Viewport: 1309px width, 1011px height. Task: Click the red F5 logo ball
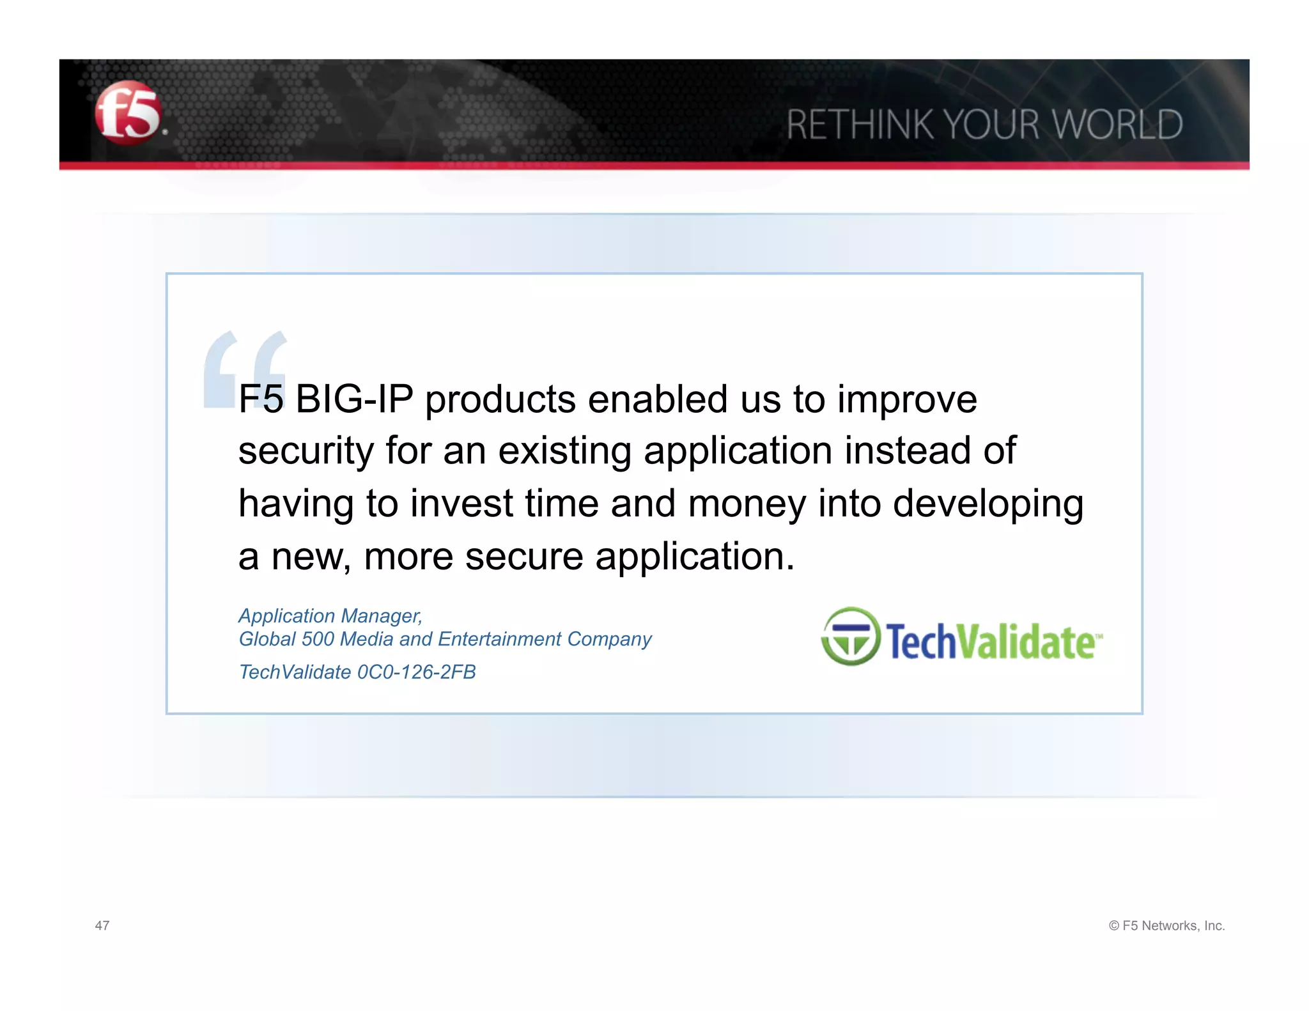128,113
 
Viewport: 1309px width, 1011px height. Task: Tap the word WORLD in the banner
1117,125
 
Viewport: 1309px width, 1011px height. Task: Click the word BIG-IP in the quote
354,399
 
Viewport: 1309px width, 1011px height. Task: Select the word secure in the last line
524,556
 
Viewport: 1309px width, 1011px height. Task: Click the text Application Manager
330,615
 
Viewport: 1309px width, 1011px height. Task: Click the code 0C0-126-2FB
416,672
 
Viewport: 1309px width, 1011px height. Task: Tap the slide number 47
102,925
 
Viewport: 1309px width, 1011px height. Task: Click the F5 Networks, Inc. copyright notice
1166,925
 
